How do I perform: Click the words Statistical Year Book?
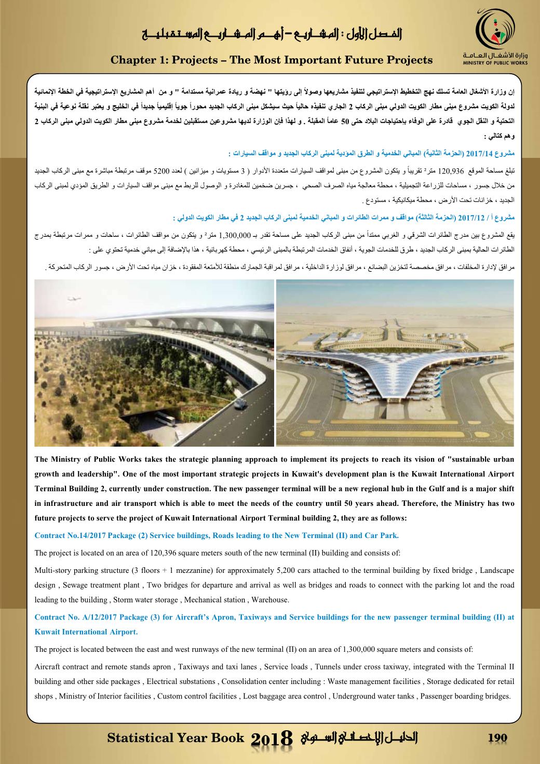(175, 738)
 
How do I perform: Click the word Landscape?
(497, 570)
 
